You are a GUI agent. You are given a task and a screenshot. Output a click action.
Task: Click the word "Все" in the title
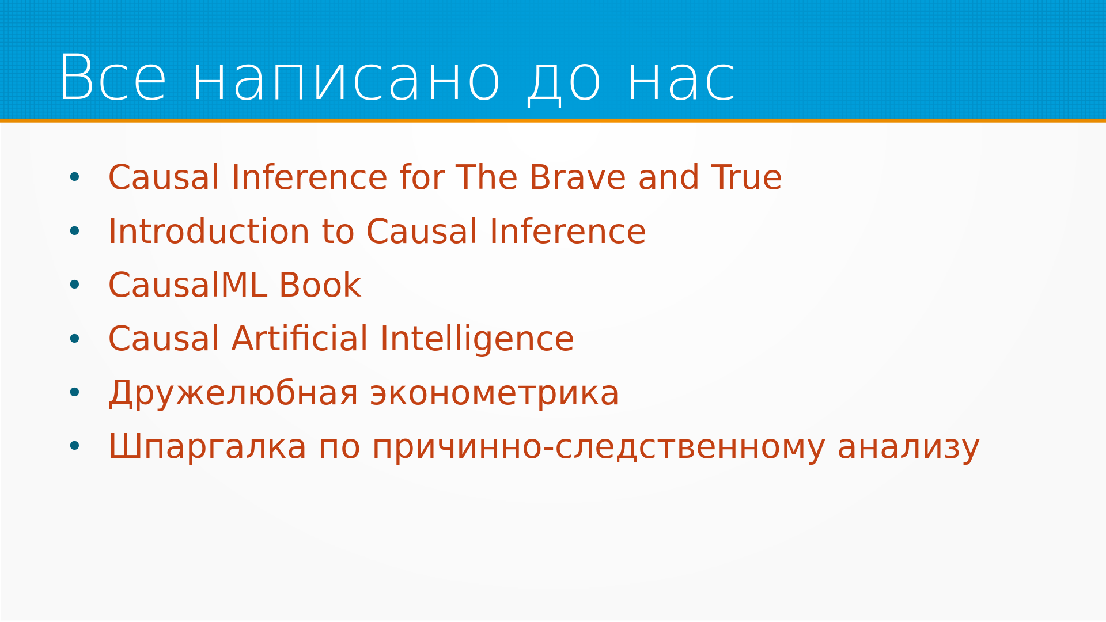[113, 78]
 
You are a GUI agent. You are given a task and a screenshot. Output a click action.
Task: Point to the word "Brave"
[577, 177]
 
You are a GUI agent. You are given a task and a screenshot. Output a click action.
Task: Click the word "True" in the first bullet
[747, 177]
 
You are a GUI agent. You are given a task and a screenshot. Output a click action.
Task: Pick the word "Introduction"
[209, 231]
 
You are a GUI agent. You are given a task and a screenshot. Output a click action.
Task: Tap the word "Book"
[320, 285]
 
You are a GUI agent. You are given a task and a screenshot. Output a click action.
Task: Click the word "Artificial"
[300, 338]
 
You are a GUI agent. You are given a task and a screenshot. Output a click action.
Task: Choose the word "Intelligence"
[477, 339]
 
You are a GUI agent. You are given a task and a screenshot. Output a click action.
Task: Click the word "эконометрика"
[494, 394]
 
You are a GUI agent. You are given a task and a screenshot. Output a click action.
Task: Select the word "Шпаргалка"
[207, 447]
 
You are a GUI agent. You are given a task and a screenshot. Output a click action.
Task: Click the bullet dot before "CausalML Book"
[74, 285]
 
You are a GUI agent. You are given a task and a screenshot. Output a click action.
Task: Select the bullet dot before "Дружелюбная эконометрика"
[74, 392]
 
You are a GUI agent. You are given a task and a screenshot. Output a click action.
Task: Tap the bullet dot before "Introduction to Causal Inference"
[74, 231]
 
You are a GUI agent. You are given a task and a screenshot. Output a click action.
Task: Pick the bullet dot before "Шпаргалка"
[74, 446]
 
